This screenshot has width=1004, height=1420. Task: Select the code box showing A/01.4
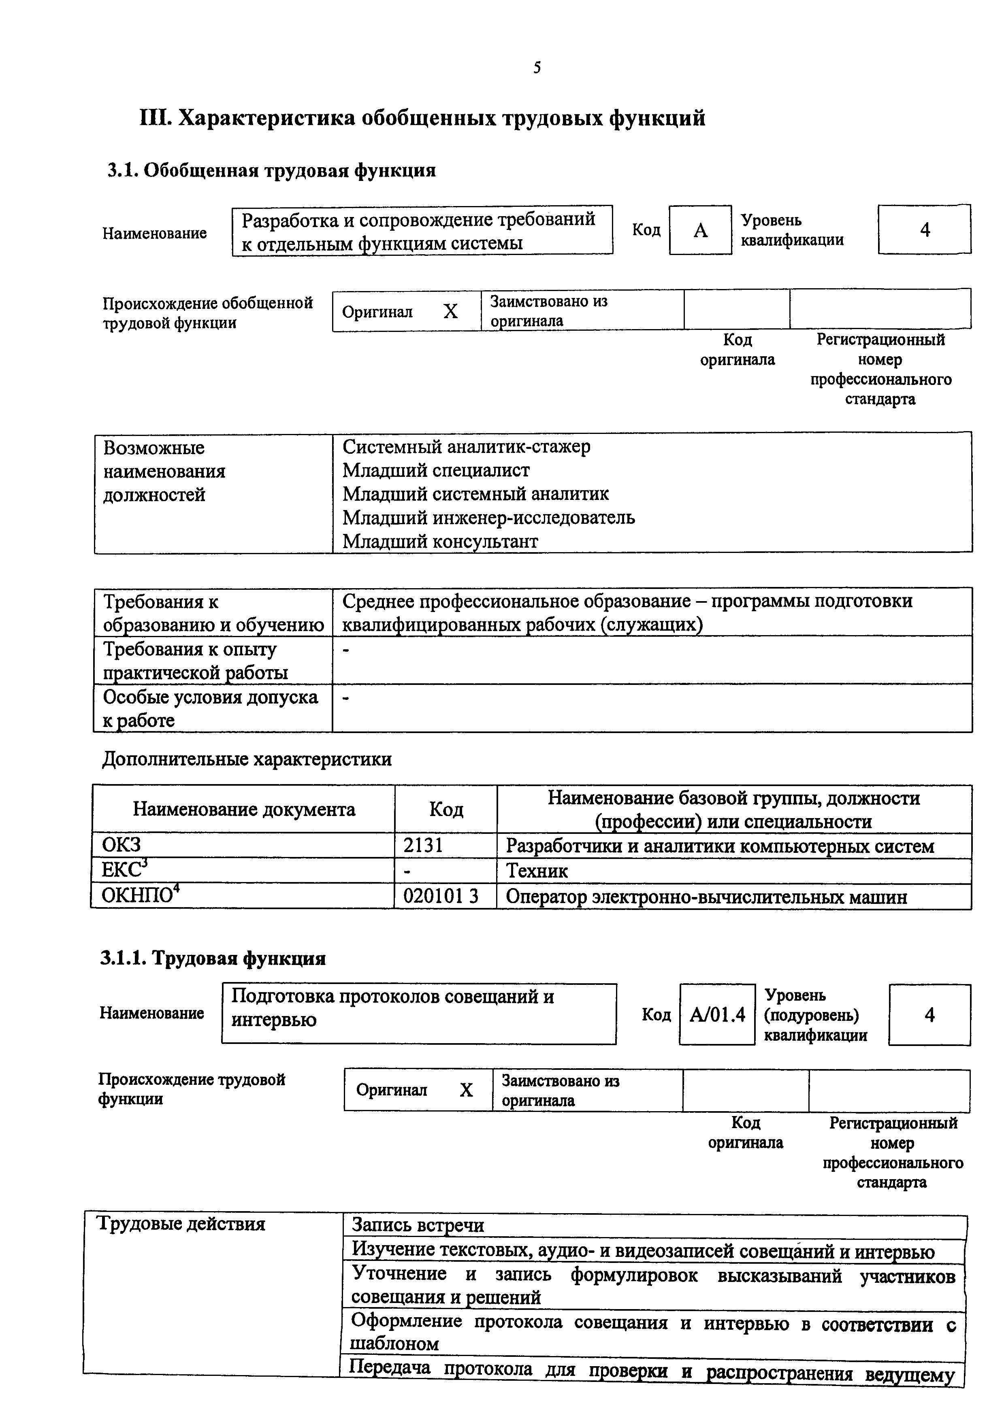pyautogui.click(x=717, y=1015)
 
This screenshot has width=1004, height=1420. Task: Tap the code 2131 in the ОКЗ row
pyautogui.click(x=423, y=846)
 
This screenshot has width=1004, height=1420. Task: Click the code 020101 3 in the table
pyautogui.click(x=441, y=896)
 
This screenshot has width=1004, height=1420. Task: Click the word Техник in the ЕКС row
pyautogui.click(x=537, y=871)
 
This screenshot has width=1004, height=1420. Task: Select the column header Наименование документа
pyautogui.click(x=244, y=810)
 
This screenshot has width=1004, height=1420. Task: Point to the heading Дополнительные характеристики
pyautogui.click(x=246, y=759)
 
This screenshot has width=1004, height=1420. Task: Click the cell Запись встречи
pyautogui.click(x=418, y=1225)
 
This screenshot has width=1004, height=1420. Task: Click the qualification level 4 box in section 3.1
pyautogui.click(x=924, y=230)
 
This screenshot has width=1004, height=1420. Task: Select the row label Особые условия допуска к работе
pyautogui.click(x=210, y=708)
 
